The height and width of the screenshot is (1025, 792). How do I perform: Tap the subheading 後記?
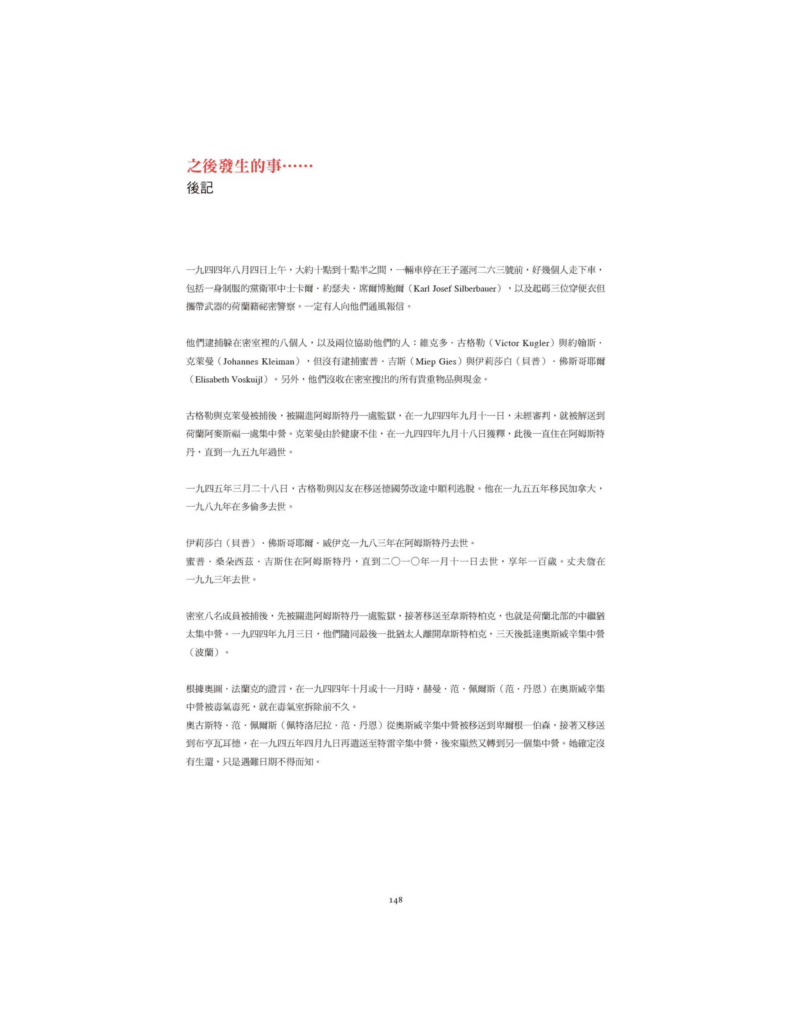point(200,188)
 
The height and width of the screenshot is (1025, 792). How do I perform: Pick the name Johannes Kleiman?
point(258,361)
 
